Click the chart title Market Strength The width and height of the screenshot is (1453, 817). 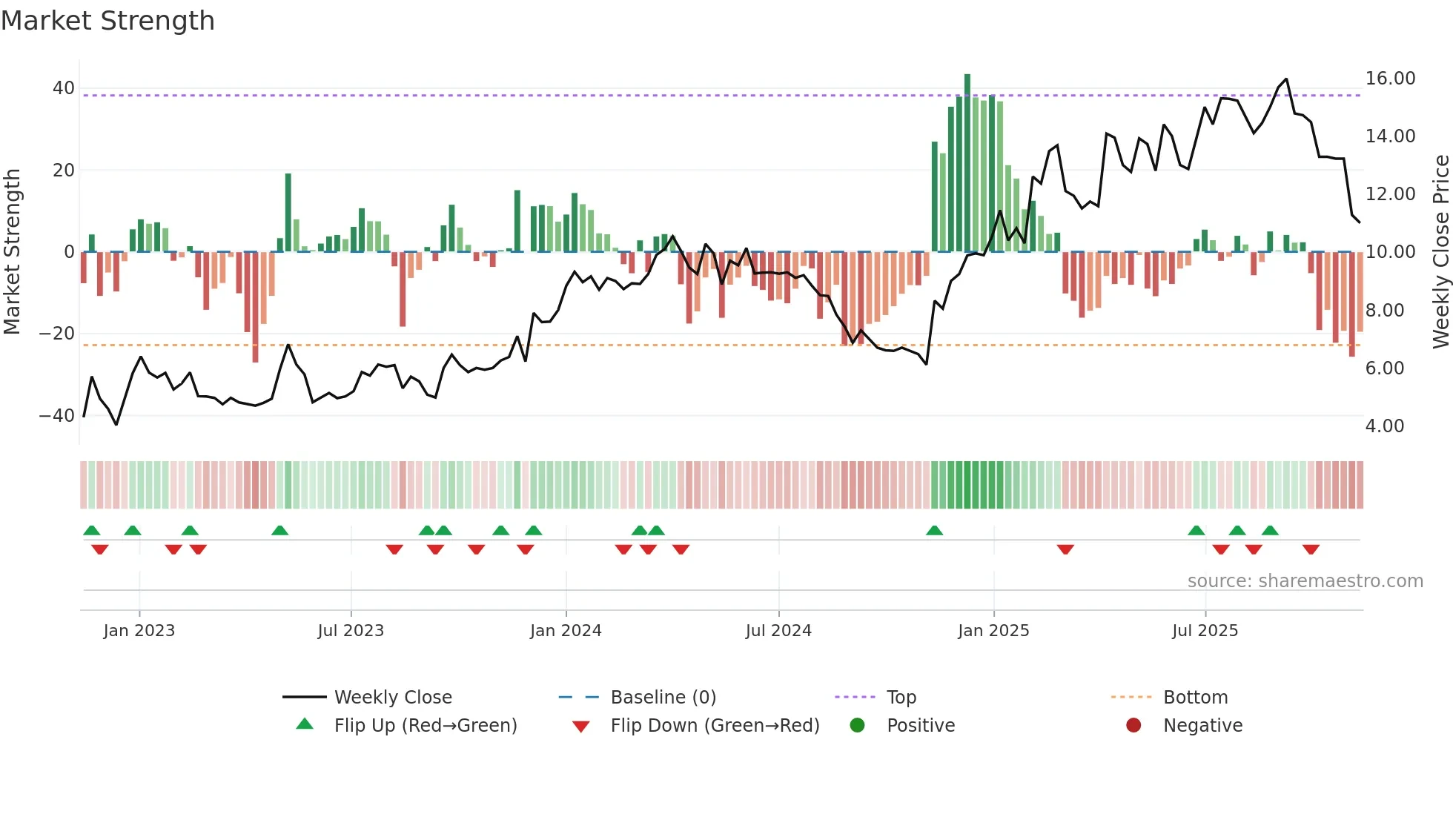click(107, 21)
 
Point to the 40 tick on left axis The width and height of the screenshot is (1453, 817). click(64, 88)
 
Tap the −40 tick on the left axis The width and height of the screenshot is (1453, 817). click(57, 416)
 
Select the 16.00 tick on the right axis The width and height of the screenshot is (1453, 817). click(1390, 79)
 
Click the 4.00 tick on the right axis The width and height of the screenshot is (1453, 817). click(1384, 426)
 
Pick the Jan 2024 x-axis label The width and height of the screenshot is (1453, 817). click(566, 631)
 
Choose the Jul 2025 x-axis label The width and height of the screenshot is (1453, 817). click(1205, 631)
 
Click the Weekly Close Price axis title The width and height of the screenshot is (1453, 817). click(1440, 252)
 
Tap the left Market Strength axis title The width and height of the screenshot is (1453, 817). click(12, 252)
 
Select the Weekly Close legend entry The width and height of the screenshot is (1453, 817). click(392, 698)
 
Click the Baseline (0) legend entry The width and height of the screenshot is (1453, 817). click(663, 698)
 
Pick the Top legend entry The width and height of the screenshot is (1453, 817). click(901, 698)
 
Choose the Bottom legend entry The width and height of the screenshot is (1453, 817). click(1195, 698)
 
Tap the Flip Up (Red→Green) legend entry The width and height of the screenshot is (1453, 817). click(425, 726)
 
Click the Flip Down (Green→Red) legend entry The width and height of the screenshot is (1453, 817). click(715, 726)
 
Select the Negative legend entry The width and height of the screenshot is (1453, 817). click(1202, 726)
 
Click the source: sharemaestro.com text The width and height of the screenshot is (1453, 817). click(1305, 581)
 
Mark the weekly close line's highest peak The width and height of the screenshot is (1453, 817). click(1286, 79)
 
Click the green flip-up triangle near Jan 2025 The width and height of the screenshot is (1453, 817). click(934, 531)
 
